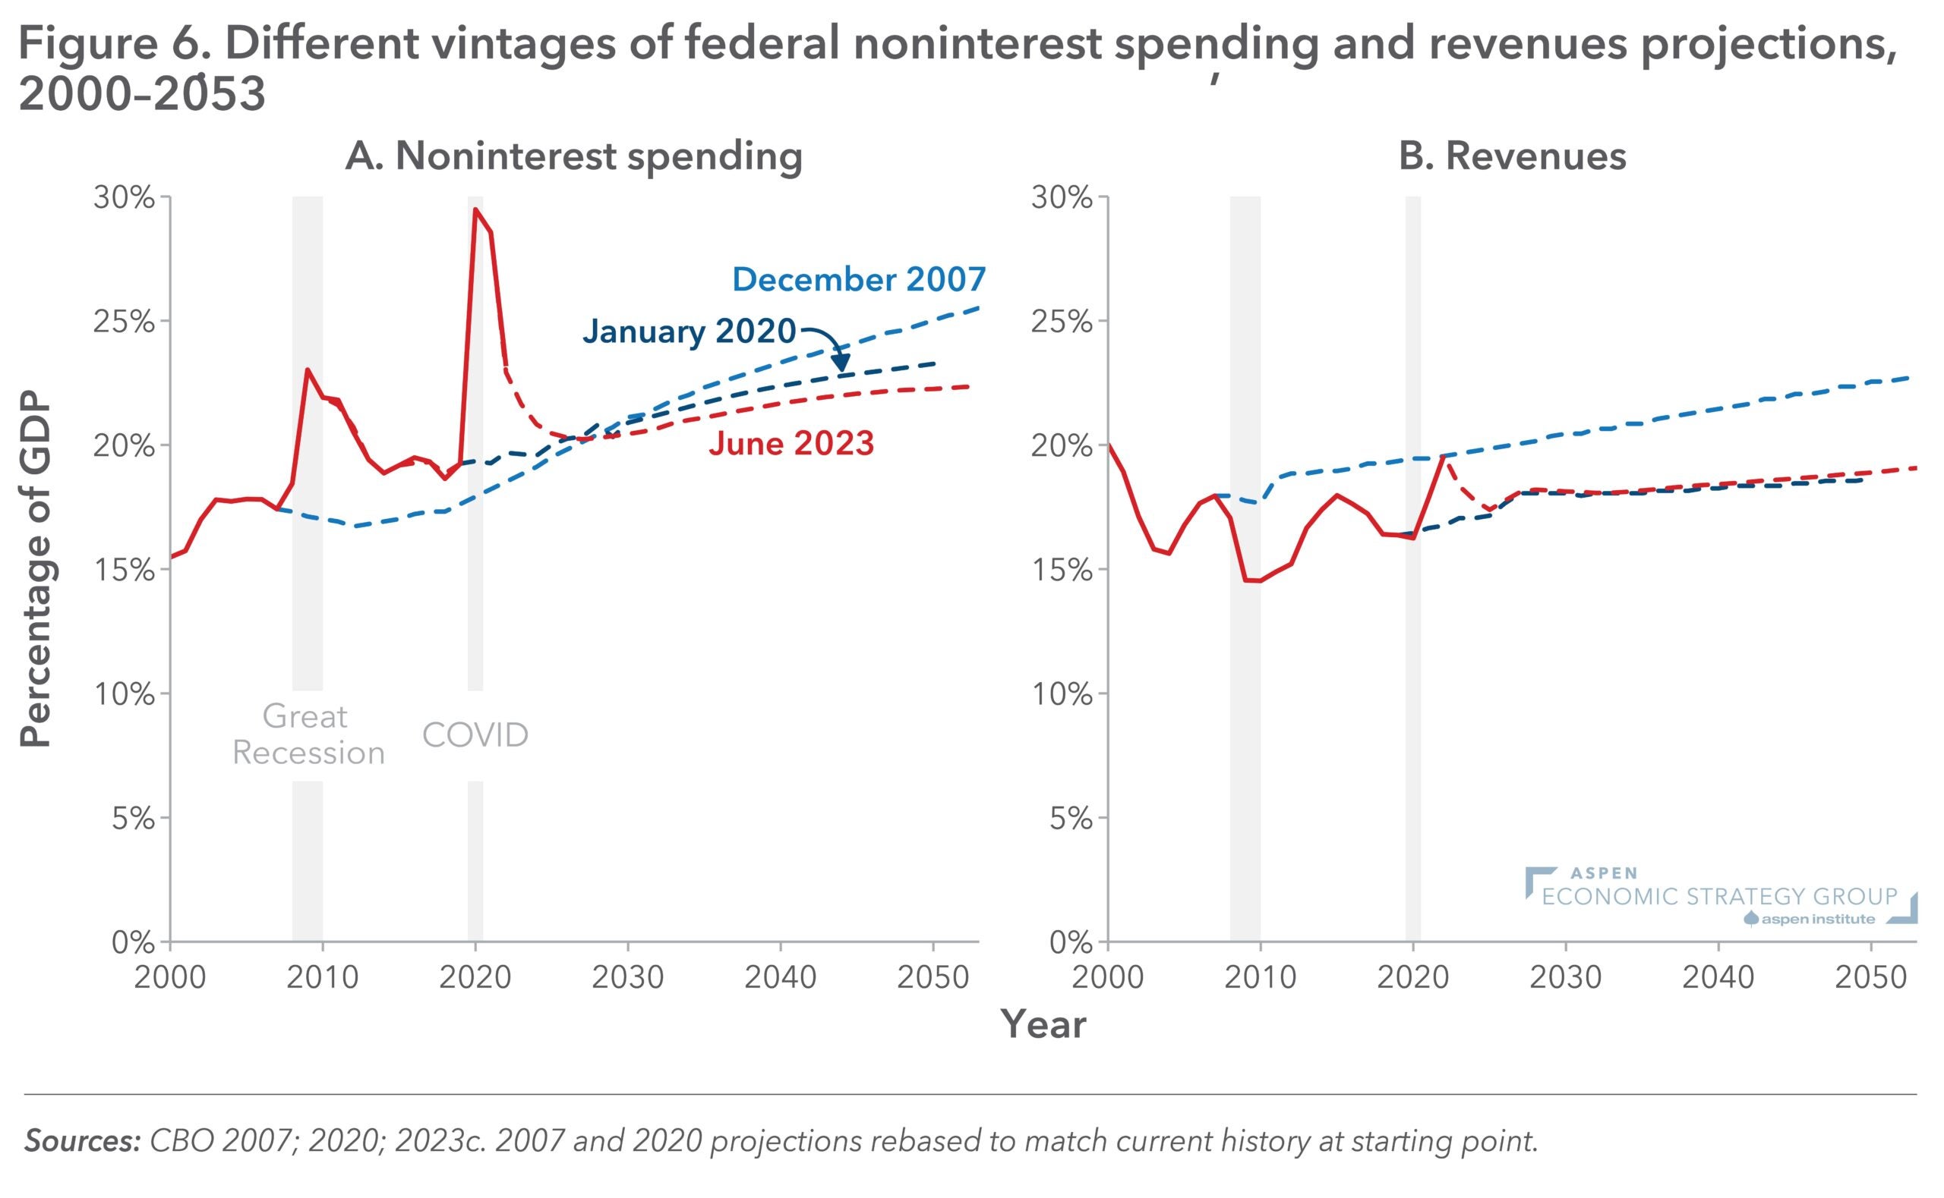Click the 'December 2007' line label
click(859, 280)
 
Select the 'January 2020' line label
click(689, 332)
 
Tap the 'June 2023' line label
click(791, 443)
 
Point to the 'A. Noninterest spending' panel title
click(574, 156)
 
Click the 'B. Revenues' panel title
click(1512, 156)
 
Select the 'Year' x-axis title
click(1043, 1024)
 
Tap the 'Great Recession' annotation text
click(308, 734)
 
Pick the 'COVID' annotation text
click(475, 735)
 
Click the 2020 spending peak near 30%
click(475, 209)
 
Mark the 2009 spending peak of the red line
click(307, 369)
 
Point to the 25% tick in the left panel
click(125, 322)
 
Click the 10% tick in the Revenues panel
click(1062, 694)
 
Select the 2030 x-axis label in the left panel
click(628, 977)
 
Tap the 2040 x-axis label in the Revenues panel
click(1718, 977)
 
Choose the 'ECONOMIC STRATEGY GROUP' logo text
click(1718, 896)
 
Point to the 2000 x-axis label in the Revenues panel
click(1108, 977)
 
